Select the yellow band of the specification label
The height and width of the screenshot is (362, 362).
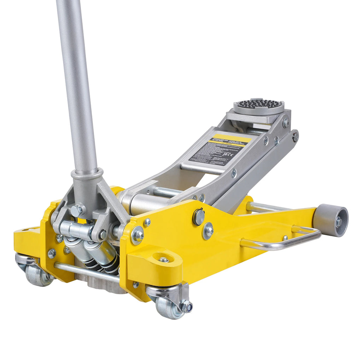(x=230, y=139)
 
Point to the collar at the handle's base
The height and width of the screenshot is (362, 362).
(x=87, y=174)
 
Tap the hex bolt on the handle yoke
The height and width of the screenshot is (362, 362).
(x=76, y=211)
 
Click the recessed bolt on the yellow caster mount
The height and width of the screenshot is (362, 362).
(x=163, y=260)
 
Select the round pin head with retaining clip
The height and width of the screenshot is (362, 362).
(x=199, y=216)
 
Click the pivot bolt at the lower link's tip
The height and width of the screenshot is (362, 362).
(x=295, y=136)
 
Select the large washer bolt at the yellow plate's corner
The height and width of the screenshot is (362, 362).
(x=137, y=235)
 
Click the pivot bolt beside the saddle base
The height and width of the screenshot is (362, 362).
(x=286, y=123)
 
